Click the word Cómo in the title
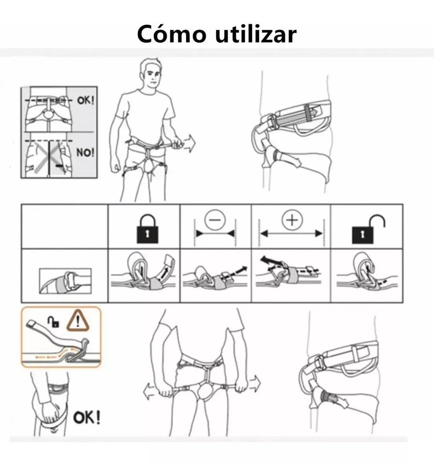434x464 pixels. click(172, 34)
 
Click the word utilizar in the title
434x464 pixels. click(256, 34)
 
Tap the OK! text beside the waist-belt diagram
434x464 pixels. click(86, 101)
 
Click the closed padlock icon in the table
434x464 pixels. click(147, 229)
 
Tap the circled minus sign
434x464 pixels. click(215, 220)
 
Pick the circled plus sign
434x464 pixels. click(292, 220)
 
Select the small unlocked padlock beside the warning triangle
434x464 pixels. click(53, 322)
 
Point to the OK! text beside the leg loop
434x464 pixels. click(87, 418)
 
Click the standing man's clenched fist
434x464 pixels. click(116, 166)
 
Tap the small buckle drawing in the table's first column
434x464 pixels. click(65, 281)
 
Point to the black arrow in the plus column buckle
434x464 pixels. click(271, 262)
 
